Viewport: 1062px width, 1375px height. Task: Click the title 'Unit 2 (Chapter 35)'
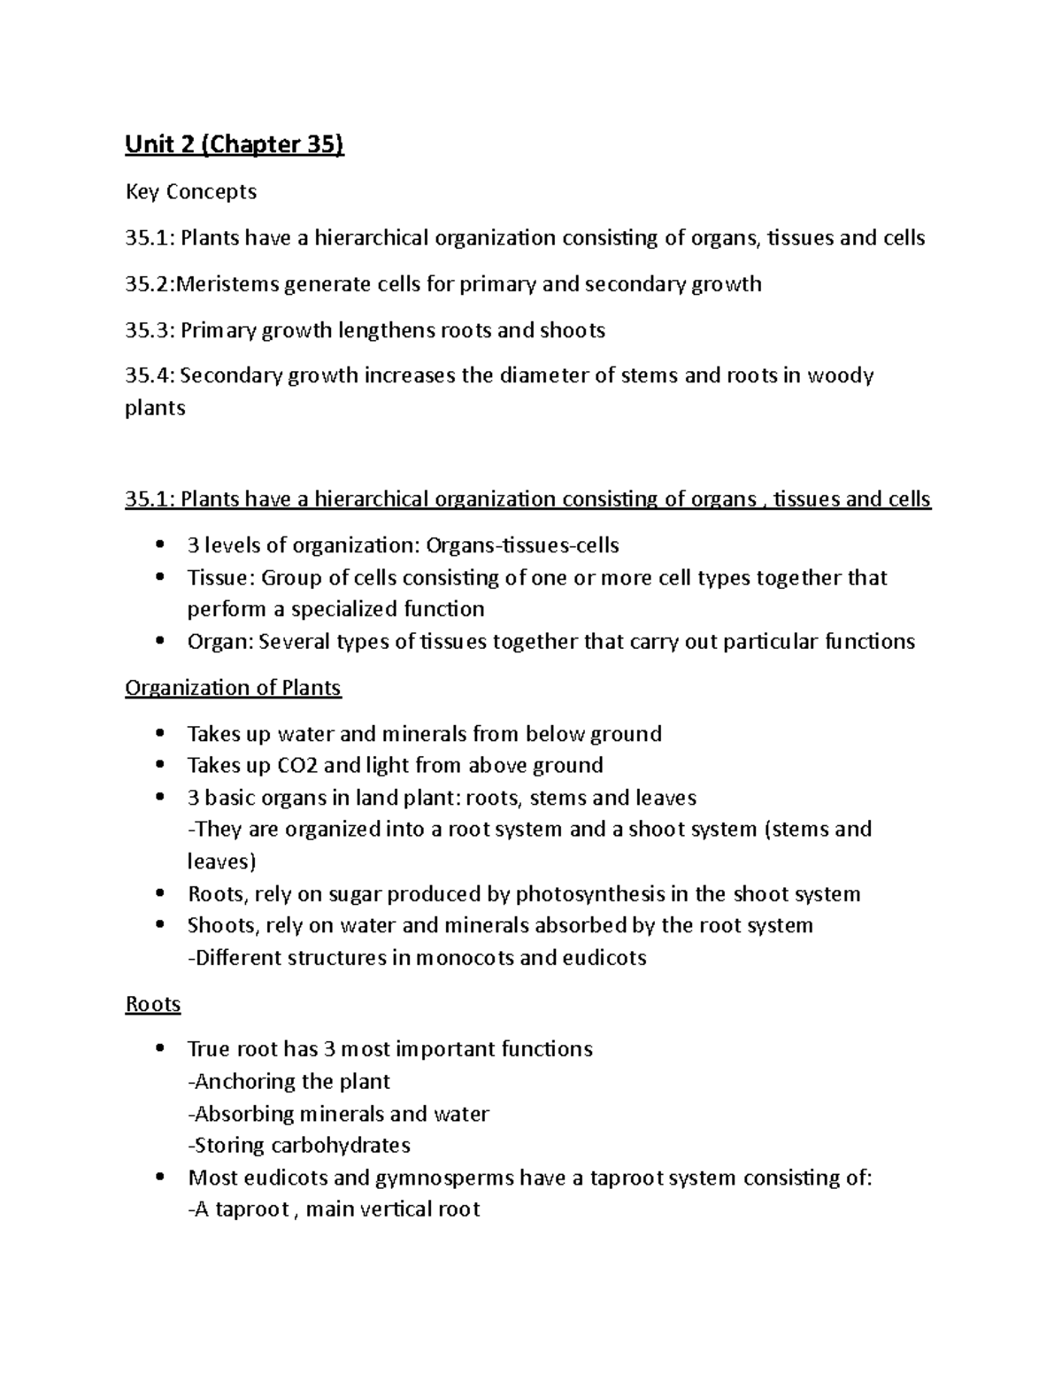coord(234,145)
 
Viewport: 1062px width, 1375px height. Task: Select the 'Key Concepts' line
coord(190,192)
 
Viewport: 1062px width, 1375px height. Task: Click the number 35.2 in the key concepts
coord(147,284)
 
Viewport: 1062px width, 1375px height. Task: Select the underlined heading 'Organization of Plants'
coord(233,688)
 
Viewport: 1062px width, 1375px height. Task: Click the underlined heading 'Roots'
coord(153,1004)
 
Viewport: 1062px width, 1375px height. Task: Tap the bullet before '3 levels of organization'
coord(159,545)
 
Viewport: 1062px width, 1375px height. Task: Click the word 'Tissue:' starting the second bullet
coord(220,578)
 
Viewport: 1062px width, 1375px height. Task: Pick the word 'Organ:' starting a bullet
coord(219,642)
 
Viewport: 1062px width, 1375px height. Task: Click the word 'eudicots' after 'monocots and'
coord(604,958)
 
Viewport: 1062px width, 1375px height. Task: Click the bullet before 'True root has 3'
coord(159,1048)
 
